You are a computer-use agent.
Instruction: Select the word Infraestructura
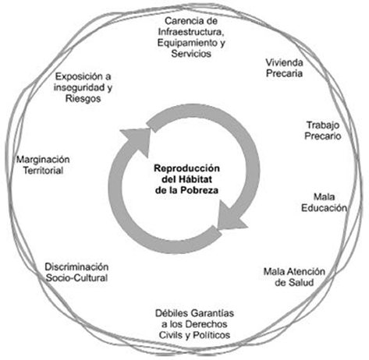click(191, 32)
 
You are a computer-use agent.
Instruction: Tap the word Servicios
click(191, 54)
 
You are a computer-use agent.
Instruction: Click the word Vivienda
click(284, 62)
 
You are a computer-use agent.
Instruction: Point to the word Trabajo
click(323, 125)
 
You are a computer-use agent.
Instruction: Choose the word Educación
click(324, 208)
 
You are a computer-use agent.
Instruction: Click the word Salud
click(294, 282)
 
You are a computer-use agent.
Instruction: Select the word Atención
click(306, 271)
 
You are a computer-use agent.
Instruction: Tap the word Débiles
click(171, 313)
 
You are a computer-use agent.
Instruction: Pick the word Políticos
click(211, 335)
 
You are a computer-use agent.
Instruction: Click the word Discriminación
click(76, 266)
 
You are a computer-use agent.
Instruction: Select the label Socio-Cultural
click(76, 277)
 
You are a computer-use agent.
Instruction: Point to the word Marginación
click(43, 159)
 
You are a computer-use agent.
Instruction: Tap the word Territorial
click(44, 171)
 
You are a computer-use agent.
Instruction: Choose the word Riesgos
click(83, 98)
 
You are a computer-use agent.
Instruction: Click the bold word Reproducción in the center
click(186, 168)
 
